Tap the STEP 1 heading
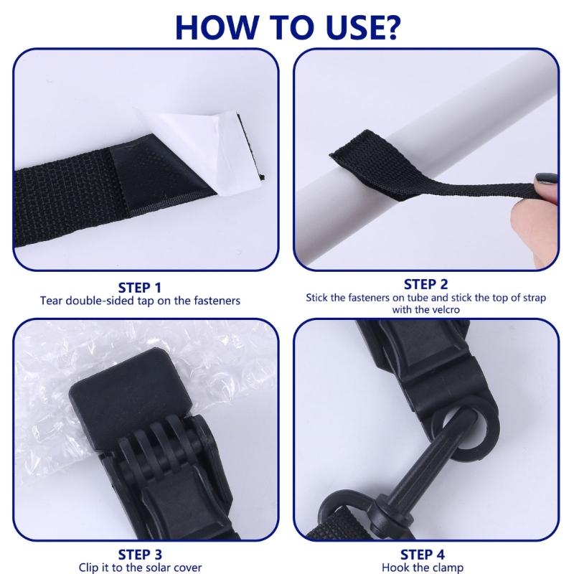click(x=139, y=288)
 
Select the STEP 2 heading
click(x=425, y=284)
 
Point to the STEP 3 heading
click(x=139, y=555)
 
